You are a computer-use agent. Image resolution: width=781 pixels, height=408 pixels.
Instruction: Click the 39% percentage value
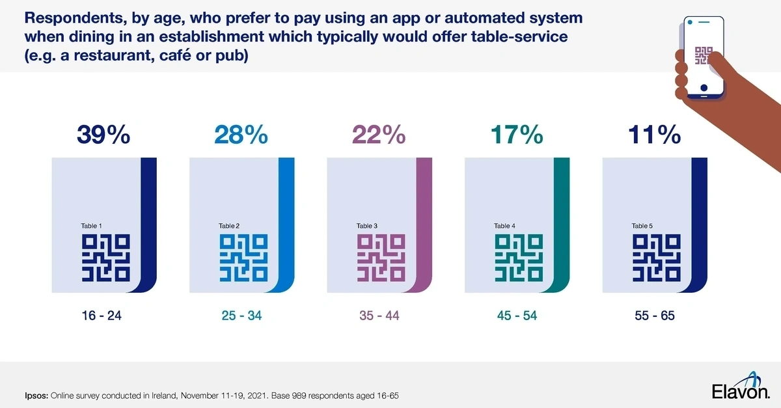(104, 135)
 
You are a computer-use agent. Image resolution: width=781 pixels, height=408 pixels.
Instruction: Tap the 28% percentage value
(241, 135)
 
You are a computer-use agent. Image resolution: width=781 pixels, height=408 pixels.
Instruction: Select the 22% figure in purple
(379, 135)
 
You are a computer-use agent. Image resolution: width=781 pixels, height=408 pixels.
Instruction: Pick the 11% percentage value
(654, 135)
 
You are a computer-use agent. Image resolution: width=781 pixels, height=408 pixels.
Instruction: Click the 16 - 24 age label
(102, 316)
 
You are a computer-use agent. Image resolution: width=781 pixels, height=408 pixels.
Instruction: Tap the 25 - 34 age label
(240, 316)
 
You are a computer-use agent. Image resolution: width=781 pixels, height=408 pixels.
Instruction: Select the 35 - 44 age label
(379, 316)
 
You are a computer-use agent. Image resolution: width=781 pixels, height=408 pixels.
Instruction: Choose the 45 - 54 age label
(517, 316)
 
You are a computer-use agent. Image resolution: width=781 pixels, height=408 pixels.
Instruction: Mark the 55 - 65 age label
(654, 316)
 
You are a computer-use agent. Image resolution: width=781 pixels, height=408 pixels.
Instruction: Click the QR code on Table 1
(105, 258)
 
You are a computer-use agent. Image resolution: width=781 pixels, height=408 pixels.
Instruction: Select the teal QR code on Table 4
(519, 258)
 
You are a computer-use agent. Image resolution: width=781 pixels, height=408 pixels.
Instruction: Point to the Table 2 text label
(229, 226)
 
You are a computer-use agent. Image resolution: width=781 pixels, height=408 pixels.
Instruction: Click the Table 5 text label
(642, 226)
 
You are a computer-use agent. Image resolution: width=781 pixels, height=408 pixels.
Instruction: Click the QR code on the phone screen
(704, 56)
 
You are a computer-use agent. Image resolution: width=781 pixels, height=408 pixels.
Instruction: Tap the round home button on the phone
(704, 88)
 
